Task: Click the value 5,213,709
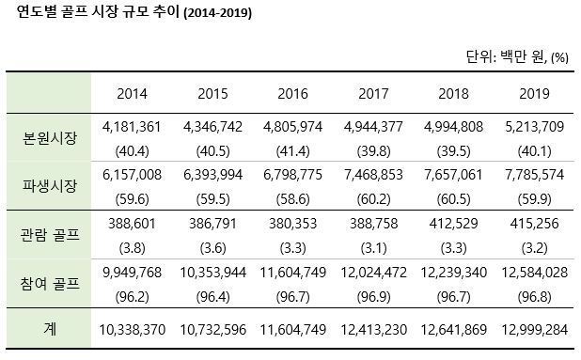(534, 125)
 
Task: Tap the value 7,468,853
(374, 175)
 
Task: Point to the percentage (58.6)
(292, 197)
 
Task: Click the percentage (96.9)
(374, 296)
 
